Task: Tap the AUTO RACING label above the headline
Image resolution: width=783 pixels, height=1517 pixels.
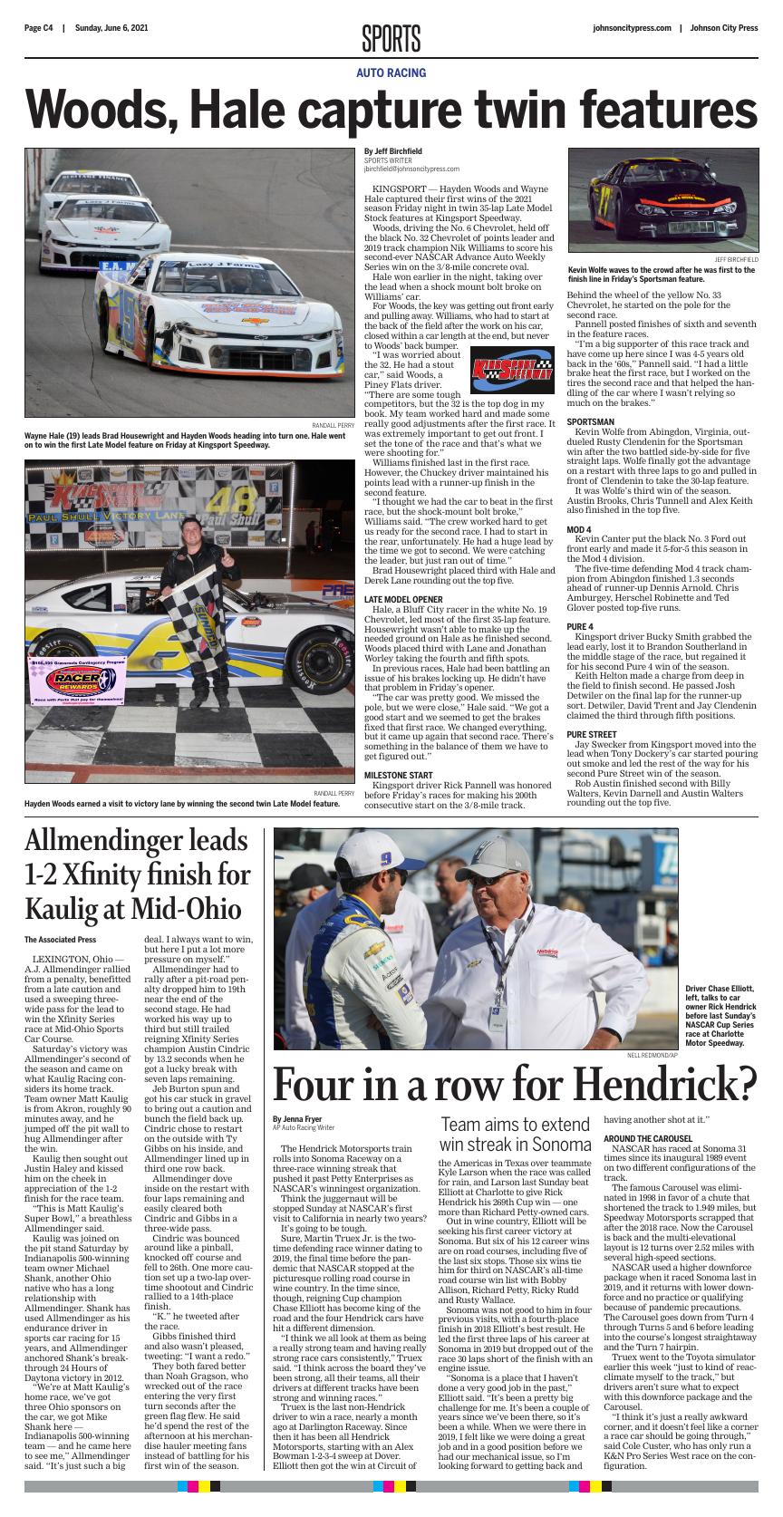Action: [391, 72]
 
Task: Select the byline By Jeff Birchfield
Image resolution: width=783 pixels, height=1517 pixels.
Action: [393, 151]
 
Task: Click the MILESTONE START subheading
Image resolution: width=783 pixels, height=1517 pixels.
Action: [398, 775]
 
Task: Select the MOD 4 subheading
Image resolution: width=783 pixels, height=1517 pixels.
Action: [579, 529]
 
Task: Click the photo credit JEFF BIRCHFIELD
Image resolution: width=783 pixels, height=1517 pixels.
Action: [736, 260]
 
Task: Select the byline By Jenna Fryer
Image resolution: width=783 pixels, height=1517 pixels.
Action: [296, 1119]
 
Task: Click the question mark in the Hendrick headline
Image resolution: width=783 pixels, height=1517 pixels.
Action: [744, 1083]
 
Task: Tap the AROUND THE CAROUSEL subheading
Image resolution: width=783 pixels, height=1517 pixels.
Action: [648, 1138]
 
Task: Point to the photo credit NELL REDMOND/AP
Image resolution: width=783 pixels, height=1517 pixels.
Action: [652, 1056]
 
